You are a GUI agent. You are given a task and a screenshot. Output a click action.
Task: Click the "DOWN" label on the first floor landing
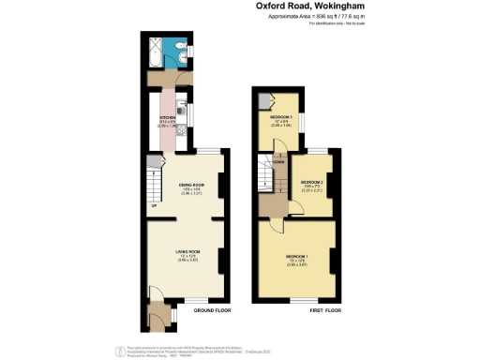279,160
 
